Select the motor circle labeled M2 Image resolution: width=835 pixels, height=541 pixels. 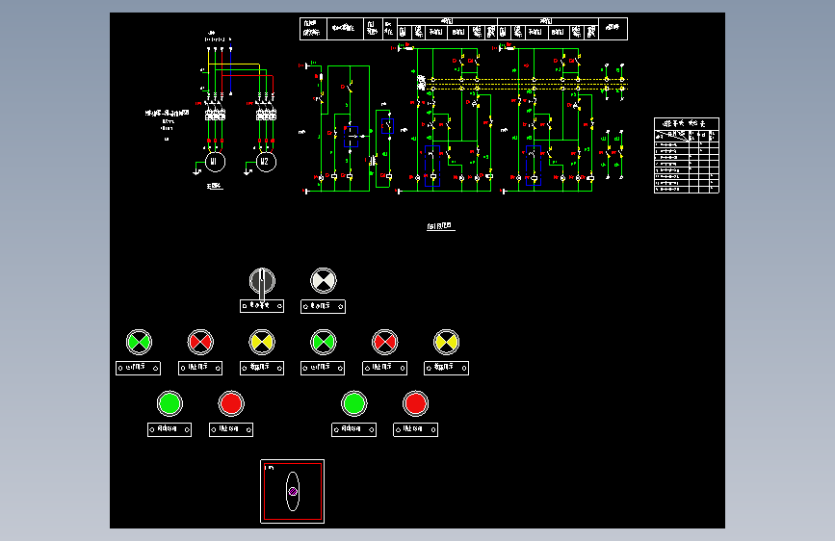(265, 162)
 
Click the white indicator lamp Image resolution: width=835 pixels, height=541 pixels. (324, 281)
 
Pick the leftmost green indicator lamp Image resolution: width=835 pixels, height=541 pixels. (139, 341)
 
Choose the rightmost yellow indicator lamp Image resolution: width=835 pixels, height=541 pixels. (446, 341)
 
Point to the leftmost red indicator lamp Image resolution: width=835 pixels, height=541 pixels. (200, 341)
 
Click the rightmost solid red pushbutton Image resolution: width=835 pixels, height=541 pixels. (415, 402)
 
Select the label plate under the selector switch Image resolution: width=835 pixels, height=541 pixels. (262, 306)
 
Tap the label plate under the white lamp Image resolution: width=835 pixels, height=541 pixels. (324, 306)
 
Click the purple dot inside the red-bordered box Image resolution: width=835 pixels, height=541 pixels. (292, 492)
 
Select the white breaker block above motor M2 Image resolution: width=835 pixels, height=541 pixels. (266, 115)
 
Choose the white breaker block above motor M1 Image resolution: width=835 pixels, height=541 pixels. (215, 115)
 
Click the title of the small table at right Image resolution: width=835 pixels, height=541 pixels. (686, 123)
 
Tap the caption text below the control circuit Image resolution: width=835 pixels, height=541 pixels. (439, 227)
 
